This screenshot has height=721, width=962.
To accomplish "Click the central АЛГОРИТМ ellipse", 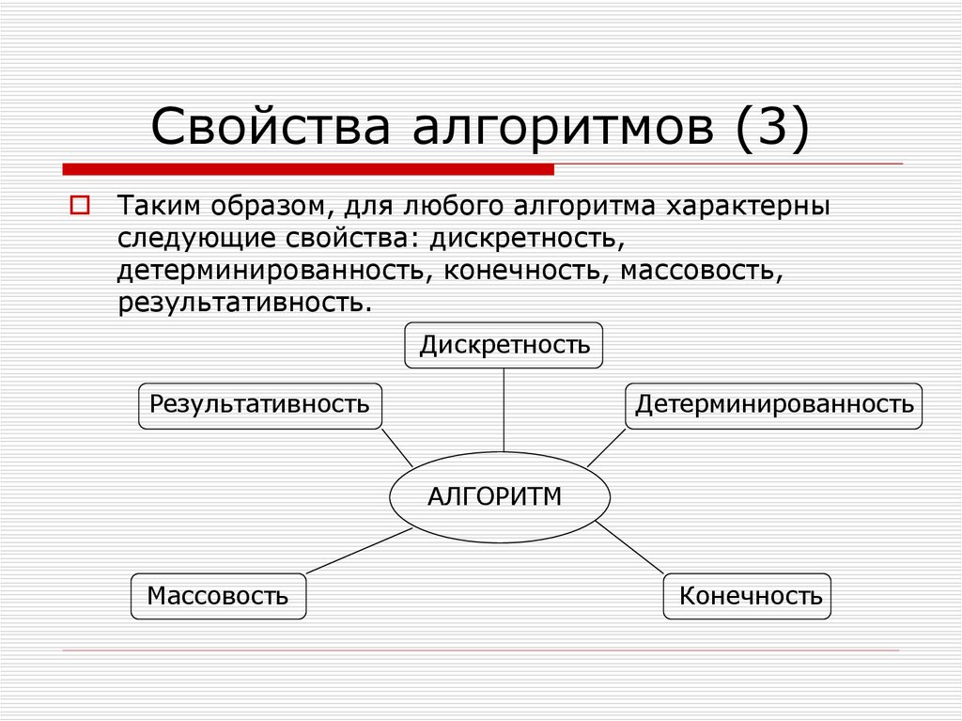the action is pos(500,497).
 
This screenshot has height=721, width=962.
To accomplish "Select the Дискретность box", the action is pos(504,345).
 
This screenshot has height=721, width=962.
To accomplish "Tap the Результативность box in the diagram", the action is pos(260,406).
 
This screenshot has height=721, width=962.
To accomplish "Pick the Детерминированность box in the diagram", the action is pos(773,406).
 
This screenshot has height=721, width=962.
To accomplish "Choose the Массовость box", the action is pos(218,596).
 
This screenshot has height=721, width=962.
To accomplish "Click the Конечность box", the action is pos(749,596).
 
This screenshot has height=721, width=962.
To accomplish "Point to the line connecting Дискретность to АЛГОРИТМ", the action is pos(504,410).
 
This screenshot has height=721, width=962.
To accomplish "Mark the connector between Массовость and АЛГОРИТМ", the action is pos(359,551).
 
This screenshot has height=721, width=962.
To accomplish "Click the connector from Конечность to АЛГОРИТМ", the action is pos(631,548).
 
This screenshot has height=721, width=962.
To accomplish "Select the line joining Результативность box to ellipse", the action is pos(397,447).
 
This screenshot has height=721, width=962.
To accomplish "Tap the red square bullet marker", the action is pos(79,205).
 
